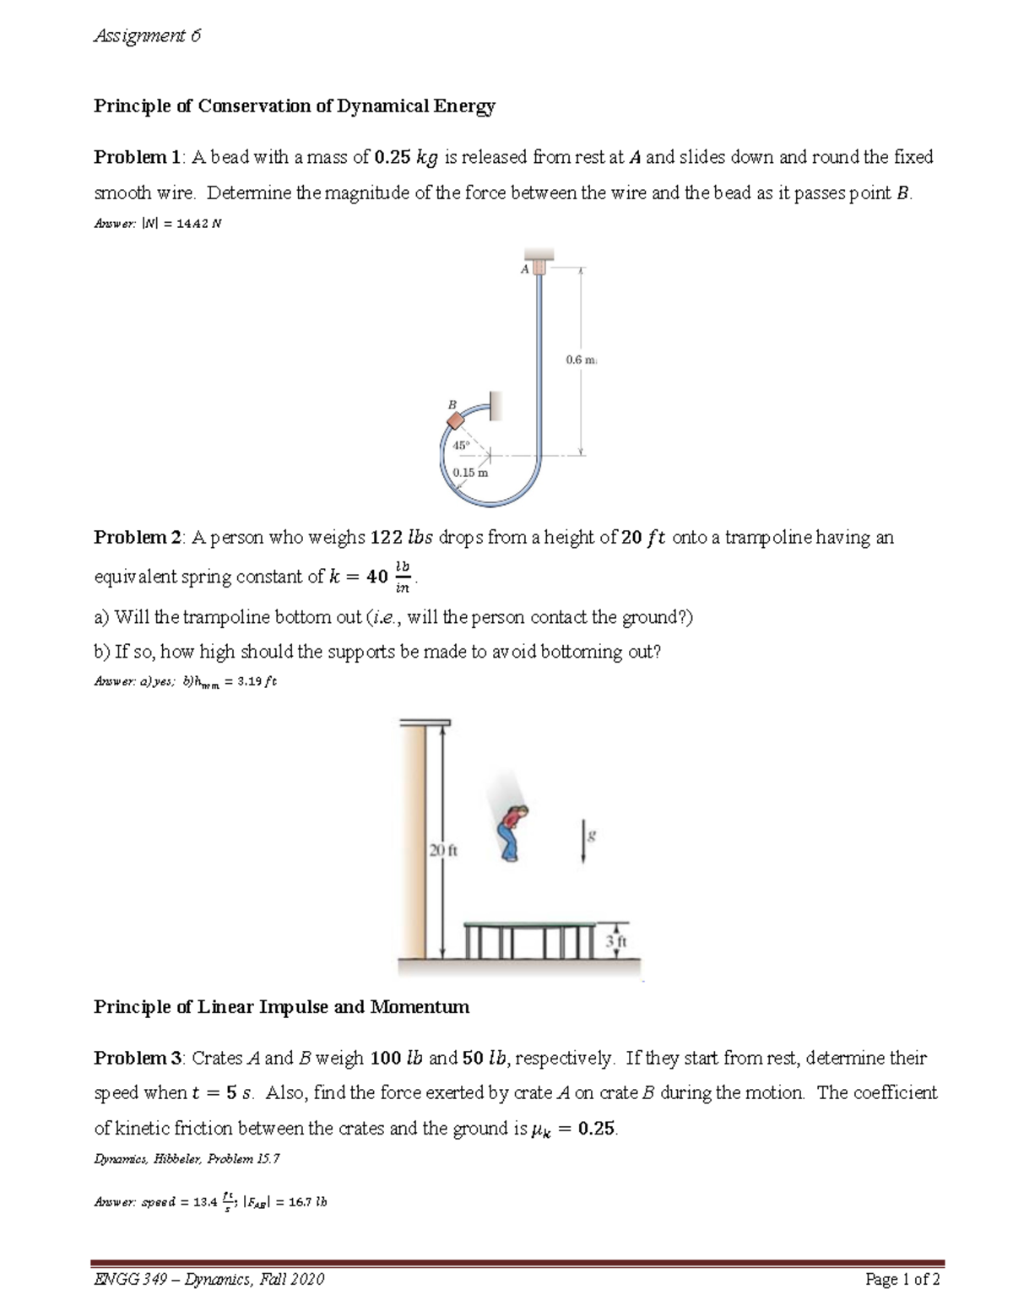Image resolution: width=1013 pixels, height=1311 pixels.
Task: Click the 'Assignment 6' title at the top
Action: [147, 36]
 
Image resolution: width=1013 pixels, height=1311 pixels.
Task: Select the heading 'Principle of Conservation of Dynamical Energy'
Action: [294, 106]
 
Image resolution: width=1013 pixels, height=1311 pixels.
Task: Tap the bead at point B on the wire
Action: [455, 420]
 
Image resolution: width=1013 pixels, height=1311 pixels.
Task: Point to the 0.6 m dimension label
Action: [580, 360]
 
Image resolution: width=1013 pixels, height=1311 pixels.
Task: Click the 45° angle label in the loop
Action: [461, 445]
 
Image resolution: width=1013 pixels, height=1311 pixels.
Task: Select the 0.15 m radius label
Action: [469, 473]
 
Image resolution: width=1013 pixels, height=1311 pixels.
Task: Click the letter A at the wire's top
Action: [524, 268]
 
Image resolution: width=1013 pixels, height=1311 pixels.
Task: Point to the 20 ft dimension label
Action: [442, 851]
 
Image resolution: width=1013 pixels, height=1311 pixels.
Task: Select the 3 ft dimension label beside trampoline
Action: [617, 940]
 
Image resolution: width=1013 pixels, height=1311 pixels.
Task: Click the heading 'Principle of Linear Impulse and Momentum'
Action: [281, 1007]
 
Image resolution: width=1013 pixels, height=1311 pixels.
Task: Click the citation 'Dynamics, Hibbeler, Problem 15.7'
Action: [186, 1159]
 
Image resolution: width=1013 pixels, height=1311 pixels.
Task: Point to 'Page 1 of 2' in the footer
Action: [902, 1280]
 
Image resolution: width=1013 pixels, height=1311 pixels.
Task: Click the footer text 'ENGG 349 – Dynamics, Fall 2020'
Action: [209, 1280]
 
